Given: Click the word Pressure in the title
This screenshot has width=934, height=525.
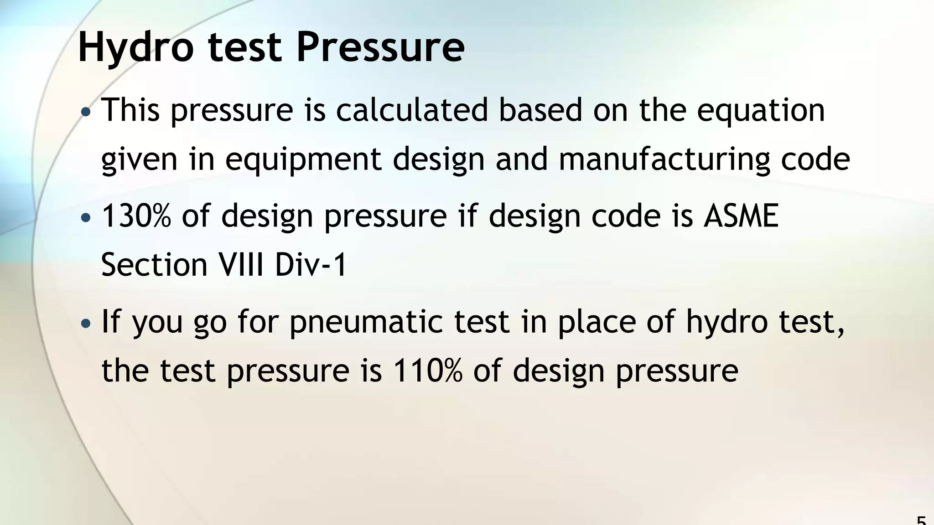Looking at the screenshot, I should point(380,47).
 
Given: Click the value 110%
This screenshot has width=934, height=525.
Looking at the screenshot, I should point(427,370).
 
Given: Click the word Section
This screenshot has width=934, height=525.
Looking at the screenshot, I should point(154,265).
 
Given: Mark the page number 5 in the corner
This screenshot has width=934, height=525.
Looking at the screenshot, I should point(921,520).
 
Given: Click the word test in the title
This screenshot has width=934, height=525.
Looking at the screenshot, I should point(244,48).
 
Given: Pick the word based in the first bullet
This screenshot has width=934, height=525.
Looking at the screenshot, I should point(540,110).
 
